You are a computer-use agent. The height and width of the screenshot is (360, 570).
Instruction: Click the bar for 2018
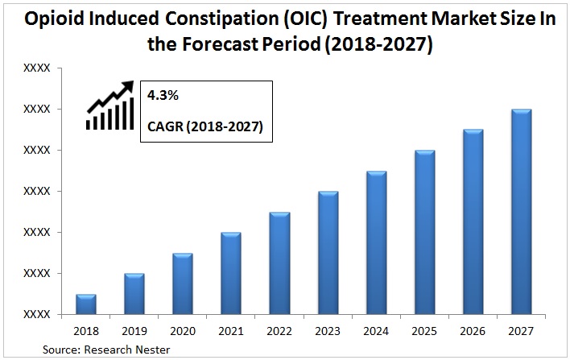[86, 304]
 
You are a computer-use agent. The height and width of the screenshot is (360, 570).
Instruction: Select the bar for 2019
[134, 294]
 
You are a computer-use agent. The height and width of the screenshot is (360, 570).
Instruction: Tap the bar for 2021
[231, 274]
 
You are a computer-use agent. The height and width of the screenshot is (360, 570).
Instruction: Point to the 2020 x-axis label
[183, 331]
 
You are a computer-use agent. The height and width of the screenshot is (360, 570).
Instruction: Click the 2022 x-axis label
[279, 331]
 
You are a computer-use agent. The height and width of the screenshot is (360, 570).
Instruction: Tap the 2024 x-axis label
[376, 331]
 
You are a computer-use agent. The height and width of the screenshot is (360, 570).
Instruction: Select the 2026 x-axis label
[473, 331]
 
